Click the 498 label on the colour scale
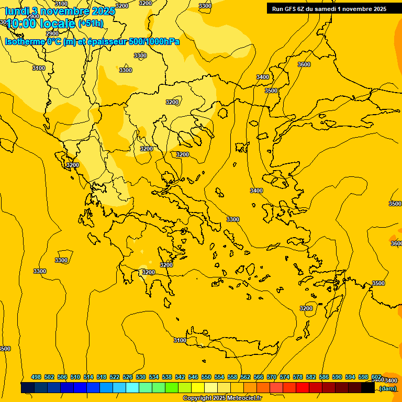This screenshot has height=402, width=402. (x=36, y=377)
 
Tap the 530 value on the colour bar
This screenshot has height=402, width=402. (x=141, y=377)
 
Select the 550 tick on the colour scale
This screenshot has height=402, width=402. (x=206, y=377)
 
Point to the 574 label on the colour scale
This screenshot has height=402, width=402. (x=285, y=377)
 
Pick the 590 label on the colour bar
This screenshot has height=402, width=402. (x=337, y=377)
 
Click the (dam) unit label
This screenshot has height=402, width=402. (x=388, y=388)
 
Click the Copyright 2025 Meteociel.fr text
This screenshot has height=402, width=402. (x=222, y=398)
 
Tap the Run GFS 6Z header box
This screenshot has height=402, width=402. (x=329, y=8)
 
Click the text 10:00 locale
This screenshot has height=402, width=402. (x=40, y=24)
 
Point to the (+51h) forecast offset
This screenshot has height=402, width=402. (x=91, y=24)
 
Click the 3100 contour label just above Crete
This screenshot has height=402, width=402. (x=180, y=340)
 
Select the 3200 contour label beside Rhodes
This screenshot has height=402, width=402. (x=306, y=308)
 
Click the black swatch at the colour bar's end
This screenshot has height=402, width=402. (x=368, y=388)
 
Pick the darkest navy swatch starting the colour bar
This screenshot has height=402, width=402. (x=27, y=388)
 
